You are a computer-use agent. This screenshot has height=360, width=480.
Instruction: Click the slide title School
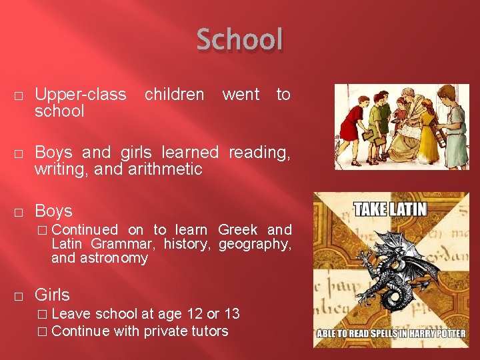click(x=240, y=39)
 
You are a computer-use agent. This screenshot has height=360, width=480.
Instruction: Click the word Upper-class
click(x=80, y=95)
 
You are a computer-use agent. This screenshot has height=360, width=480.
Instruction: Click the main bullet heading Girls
click(x=52, y=295)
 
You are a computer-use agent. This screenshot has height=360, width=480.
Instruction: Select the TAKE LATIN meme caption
click(x=391, y=209)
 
